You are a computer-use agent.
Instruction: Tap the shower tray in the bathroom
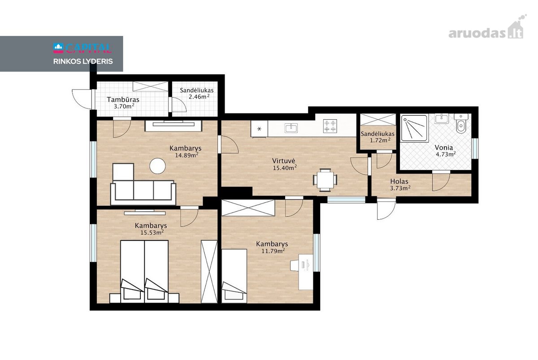(415, 129)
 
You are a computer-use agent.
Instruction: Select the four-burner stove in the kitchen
(330, 126)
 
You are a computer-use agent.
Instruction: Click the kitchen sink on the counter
(291, 128)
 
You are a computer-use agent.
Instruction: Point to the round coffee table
(157, 166)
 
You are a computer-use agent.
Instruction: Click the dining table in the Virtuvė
(325, 180)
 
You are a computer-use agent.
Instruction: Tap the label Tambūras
(123, 100)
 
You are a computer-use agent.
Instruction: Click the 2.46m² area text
(199, 97)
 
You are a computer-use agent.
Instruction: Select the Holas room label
(399, 181)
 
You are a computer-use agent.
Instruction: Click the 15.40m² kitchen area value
(285, 168)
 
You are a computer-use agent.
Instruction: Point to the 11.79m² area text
(273, 251)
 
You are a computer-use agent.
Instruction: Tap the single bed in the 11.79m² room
(234, 276)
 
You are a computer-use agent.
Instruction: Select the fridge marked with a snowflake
(260, 129)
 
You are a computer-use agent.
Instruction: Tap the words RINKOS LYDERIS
(83, 61)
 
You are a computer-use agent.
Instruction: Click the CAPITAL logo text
(82, 48)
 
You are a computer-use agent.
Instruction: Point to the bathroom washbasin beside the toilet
(442, 119)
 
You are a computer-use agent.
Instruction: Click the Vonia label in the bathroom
(443, 147)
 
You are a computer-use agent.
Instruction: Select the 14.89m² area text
(187, 155)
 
